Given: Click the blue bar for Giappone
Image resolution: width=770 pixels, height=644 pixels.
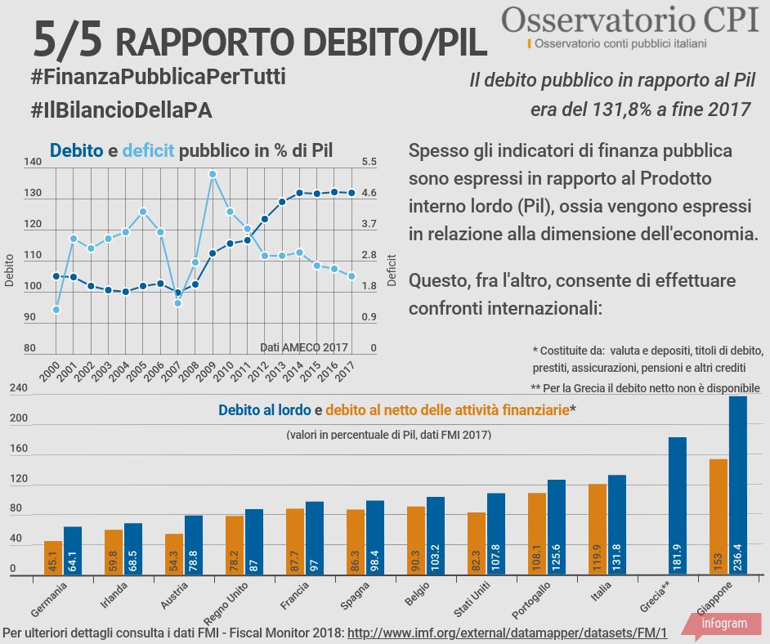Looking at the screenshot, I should pyautogui.click(x=738, y=486).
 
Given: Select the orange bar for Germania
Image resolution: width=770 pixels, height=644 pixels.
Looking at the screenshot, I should pyautogui.click(x=53, y=558).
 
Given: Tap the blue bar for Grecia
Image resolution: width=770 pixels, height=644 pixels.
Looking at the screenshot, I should pyautogui.click(x=678, y=506).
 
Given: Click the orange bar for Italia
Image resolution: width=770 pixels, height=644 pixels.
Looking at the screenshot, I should pyautogui.click(x=598, y=530).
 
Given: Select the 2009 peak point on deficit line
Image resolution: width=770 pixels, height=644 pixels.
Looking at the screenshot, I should pyautogui.click(x=213, y=174).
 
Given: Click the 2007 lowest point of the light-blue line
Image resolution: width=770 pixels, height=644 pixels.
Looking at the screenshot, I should pyautogui.click(x=177, y=303).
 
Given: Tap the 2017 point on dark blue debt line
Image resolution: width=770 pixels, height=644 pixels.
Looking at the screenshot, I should pyautogui.click(x=351, y=193).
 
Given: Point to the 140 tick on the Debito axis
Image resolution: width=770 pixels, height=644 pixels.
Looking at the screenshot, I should pyautogui.click(x=33, y=163).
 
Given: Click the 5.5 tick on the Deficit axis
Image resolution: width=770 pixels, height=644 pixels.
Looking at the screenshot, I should pyautogui.click(x=369, y=163).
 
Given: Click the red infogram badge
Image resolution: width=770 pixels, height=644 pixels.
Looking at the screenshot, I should pyautogui.click(x=723, y=624).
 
